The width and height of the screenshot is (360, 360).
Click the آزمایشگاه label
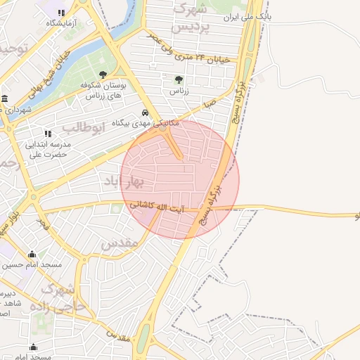pyautogui.click(x=61, y=24)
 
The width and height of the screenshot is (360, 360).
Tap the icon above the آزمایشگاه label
pyautogui.click(x=61, y=13)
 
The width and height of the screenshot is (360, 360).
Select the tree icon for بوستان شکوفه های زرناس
pyautogui.click(x=103, y=74)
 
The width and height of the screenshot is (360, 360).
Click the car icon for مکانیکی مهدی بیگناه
pyautogui.click(x=146, y=112)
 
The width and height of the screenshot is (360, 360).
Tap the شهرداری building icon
pyautogui.click(x=5, y=98)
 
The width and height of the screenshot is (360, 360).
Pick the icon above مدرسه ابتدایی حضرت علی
pyautogui.click(x=48, y=133)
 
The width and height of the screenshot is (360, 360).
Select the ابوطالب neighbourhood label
pyautogui.click(x=83, y=127)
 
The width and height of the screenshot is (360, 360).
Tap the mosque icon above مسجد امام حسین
pyautogui.click(x=32, y=255)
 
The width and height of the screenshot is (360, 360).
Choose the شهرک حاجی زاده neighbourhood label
pyautogui.click(x=60, y=297)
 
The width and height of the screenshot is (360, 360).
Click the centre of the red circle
pyautogui.click(x=180, y=179)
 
